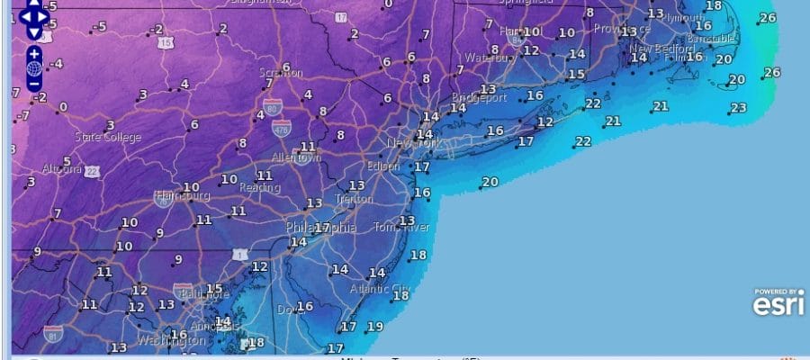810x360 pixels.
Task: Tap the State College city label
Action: (108, 137)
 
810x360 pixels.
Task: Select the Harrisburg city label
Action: (182, 195)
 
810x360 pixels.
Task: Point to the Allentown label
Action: (296, 157)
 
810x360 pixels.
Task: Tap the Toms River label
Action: (402, 227)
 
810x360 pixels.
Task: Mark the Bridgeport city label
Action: (479, 96)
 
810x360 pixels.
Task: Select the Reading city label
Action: (259, 187)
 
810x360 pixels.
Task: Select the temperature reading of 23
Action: (739, 108)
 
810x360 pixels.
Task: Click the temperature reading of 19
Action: (375, 327)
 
